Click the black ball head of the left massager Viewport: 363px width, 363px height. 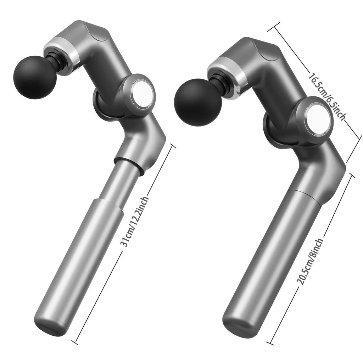pos(35,77)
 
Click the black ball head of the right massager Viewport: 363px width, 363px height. pos(198,102)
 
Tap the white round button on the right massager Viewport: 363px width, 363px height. pos(317,119)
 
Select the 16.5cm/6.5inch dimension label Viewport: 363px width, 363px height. pos(327,96)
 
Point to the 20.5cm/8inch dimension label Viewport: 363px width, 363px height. pos(310,261)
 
